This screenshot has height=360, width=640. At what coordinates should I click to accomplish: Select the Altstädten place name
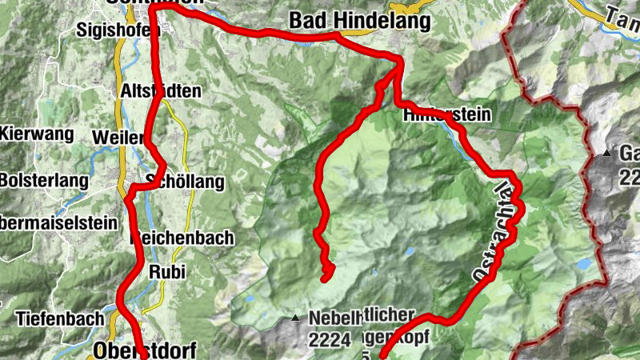(160, 90)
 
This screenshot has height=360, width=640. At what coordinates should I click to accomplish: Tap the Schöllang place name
(185, 182)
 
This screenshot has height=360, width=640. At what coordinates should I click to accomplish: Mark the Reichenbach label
(182, 238)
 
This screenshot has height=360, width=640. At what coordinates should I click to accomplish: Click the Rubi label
(167, 272)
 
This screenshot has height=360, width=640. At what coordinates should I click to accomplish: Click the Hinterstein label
(447, 114)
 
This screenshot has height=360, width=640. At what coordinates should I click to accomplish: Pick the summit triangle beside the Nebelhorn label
(297, 318)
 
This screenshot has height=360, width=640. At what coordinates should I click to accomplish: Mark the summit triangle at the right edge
(608, 152)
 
